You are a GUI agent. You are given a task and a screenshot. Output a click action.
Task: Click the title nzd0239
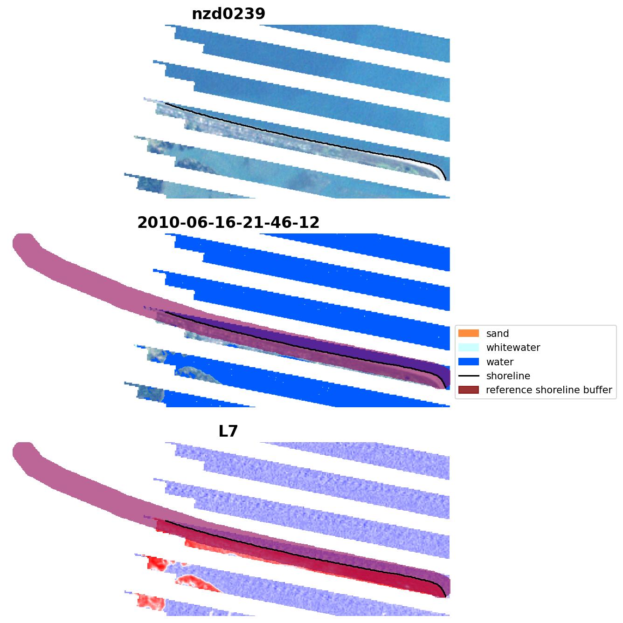tap(228, 14)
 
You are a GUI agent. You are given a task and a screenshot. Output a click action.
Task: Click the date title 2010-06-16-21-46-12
tap(228, 223)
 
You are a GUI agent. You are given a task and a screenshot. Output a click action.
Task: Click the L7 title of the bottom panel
tap(228, 431)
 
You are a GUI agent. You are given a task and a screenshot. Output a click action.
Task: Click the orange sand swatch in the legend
tap(469, 333)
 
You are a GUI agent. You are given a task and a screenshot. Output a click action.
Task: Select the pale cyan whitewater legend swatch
tap(469, 348)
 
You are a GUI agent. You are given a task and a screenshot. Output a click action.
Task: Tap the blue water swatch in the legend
tap(469, 362)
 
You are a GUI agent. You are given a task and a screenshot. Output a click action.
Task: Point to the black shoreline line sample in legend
tap(469, 376)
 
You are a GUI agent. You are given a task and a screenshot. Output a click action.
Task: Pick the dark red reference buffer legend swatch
tap(469, 390)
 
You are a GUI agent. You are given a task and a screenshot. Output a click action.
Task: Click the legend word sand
tap(497, 334)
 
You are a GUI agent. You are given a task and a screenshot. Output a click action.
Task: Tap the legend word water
tap(499, 362)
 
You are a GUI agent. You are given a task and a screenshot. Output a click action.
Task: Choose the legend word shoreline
tap(508, 376)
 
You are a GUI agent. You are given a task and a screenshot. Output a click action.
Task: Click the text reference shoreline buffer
tap(549, 390)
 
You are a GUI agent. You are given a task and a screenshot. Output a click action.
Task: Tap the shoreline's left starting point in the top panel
tap(166, 103)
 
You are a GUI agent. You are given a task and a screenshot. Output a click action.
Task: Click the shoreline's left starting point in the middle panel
tap(166, 312)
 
